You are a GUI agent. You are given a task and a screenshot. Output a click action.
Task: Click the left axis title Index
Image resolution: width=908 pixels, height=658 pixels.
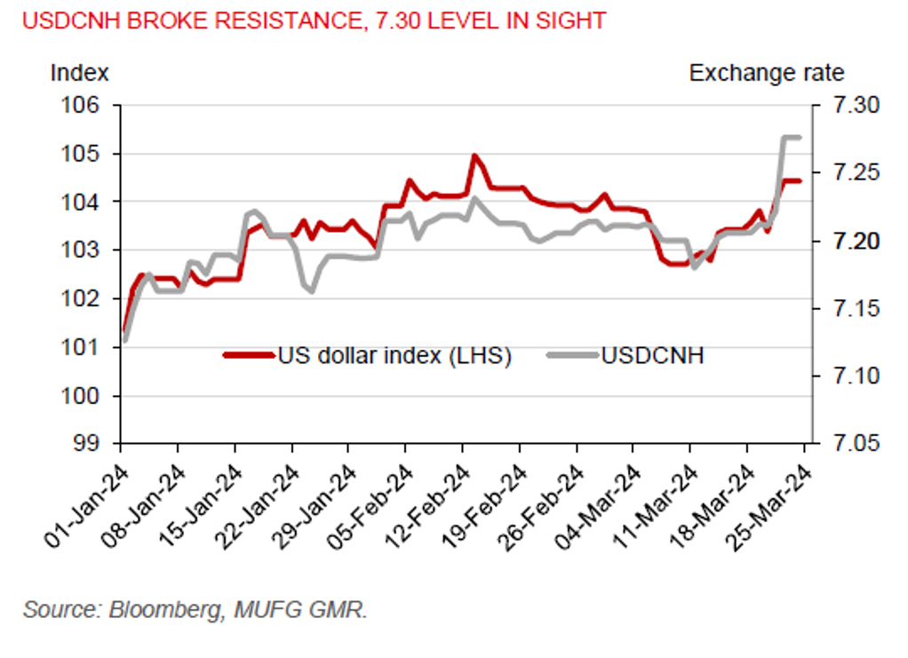point(79,73)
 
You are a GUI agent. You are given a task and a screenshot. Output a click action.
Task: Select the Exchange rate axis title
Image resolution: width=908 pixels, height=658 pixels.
point(767,73)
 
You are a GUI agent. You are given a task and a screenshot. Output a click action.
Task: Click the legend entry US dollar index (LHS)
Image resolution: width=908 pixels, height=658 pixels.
point(394,357)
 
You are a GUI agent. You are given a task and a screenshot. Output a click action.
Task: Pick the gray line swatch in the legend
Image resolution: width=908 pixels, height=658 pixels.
point(570,357)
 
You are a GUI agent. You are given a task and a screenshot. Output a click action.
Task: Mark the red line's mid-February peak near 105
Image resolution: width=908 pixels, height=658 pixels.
point(474,157)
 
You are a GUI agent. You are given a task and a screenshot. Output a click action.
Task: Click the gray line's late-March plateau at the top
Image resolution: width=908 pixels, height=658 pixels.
point(791,138)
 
